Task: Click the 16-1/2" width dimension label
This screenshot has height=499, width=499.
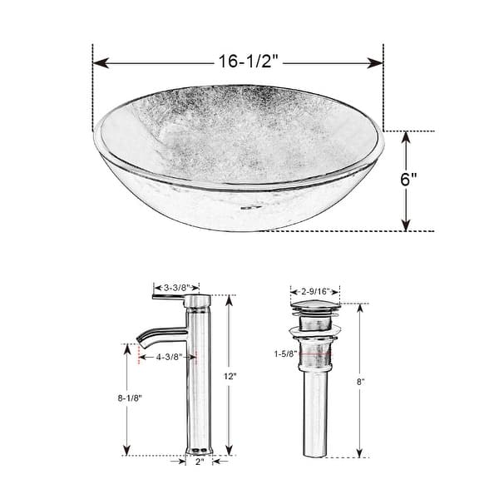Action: [248, 61]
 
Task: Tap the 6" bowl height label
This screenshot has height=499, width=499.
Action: [408, 179]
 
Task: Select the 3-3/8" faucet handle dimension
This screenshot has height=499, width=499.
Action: [176, 288]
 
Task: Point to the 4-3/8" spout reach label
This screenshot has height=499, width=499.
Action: [169, 357]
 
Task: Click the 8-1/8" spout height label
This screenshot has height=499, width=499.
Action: [130, 398]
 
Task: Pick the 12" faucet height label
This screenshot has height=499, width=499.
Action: [230, 376]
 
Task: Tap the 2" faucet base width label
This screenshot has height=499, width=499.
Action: [200, 462]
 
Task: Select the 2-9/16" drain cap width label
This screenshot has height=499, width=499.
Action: [315, 291]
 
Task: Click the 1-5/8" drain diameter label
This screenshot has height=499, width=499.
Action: [285, 353]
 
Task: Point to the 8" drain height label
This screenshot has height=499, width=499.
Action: [360, 382]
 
